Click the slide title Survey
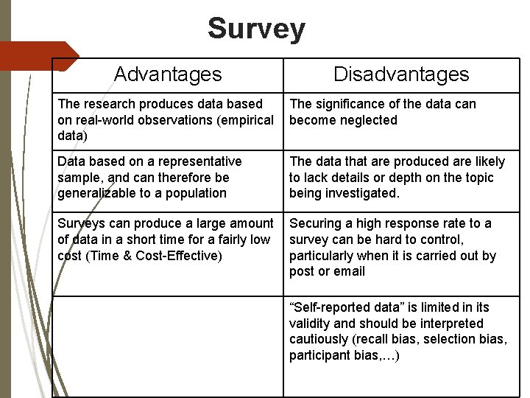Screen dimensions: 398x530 [255, 29]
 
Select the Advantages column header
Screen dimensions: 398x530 [168, 74]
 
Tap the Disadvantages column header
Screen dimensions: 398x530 [400, 74]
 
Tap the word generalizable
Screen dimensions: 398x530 [96, 193]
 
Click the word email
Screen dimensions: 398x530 [349, 271]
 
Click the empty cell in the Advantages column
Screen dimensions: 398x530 [168, 346]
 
